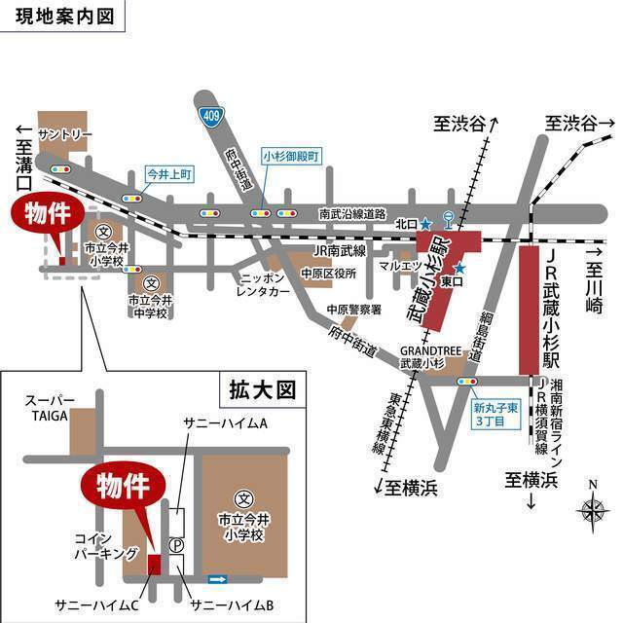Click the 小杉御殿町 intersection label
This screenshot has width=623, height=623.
[x=290, y=155]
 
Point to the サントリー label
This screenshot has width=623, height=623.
[x=64, y=132]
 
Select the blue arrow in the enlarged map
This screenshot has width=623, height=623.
[x=218, y=580]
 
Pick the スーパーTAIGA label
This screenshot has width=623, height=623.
[x=48, y=407]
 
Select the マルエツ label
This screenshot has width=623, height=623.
[x=399, y=264]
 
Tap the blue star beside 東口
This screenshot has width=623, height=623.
[x=459, y=268]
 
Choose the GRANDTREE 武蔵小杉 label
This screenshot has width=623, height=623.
[x=421, y=355]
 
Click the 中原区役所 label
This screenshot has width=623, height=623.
[x=328, y=274]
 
